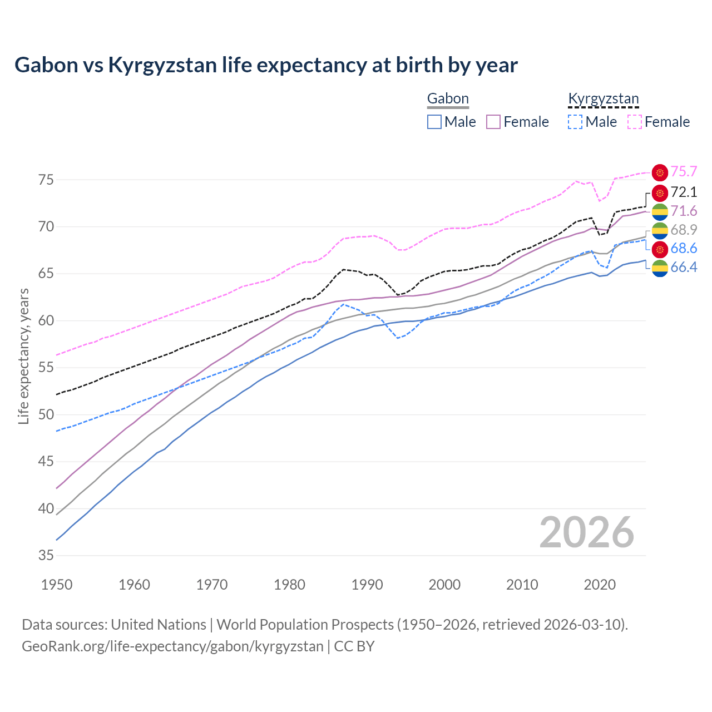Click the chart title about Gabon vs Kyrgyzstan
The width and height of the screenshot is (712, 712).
pyautogui.click(x=266, y=65)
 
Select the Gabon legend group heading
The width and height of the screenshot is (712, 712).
pyautogui.click(x=448, y=99)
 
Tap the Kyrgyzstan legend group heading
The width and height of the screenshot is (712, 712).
pyautogui.click(x=604, y=99)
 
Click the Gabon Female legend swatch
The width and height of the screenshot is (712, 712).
pyautogui.click(x=494, y=122)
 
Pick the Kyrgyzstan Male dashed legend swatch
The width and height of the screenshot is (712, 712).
pyautogui.click(x=575, y=122)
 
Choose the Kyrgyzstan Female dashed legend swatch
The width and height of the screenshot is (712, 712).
pyautogui.click(x=635, y=122)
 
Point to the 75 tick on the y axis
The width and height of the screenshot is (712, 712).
pyautogui.click(x=46, y=180)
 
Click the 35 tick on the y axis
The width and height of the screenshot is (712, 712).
pyautogui.click(x=46, y=555)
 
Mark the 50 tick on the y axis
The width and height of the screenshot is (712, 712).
pyautogui.click(x=46, y=414)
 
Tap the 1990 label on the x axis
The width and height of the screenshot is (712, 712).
pyautogui.click(x=367, y=585)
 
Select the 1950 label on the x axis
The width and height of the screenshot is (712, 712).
pyautogui.click(x=57, y=585)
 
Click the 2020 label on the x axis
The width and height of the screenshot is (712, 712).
pyautogui.click(x=600, y=585)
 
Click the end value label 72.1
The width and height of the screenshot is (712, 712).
pyautogui.click(x=684, y=192)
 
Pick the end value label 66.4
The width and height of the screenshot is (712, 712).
pyautogui.click(x=684, y=268)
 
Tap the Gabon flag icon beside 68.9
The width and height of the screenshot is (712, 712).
pyautogui.click(x=660, y=230)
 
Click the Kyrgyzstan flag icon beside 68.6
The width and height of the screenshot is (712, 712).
pyautogui.click(x=660, y=249)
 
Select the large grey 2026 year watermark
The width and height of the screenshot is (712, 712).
pyautogui.click(x=587, y=533)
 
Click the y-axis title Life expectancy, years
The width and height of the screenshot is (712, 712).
pyautogui.click(x=24, y=356)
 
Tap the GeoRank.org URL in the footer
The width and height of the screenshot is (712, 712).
pyautogui.click(x=172, y=646)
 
